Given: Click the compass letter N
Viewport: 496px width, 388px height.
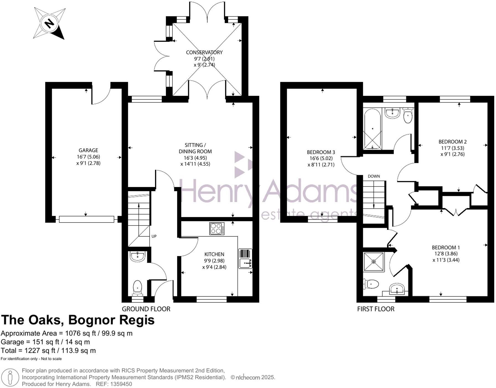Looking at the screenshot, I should point(50,23).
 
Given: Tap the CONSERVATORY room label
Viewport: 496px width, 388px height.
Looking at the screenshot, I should point(204,52).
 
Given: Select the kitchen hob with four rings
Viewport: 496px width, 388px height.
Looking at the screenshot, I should point(217,229).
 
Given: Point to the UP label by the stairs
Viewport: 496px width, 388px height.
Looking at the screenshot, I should point(154,236).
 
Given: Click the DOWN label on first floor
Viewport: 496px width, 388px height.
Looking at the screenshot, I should point(374,176).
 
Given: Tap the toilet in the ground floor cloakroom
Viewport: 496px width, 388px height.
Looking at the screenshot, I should point(138,287).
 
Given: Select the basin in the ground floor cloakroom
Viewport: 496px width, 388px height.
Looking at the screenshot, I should point(138,256).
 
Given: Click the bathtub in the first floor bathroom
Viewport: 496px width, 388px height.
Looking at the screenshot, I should point(373,129).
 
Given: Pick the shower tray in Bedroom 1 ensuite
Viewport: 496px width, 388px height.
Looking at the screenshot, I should point(374,262).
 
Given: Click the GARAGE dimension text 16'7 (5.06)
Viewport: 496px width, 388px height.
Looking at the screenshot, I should point(88,157).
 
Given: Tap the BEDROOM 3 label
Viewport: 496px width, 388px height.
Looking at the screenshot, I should point(321,152).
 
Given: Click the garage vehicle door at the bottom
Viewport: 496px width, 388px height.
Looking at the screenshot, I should point(86,219).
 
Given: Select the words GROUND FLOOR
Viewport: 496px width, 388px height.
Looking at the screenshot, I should point(146,309).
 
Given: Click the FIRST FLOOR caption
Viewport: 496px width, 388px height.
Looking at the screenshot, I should point(376,309).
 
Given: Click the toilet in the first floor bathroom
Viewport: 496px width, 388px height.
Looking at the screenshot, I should point(408,116).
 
